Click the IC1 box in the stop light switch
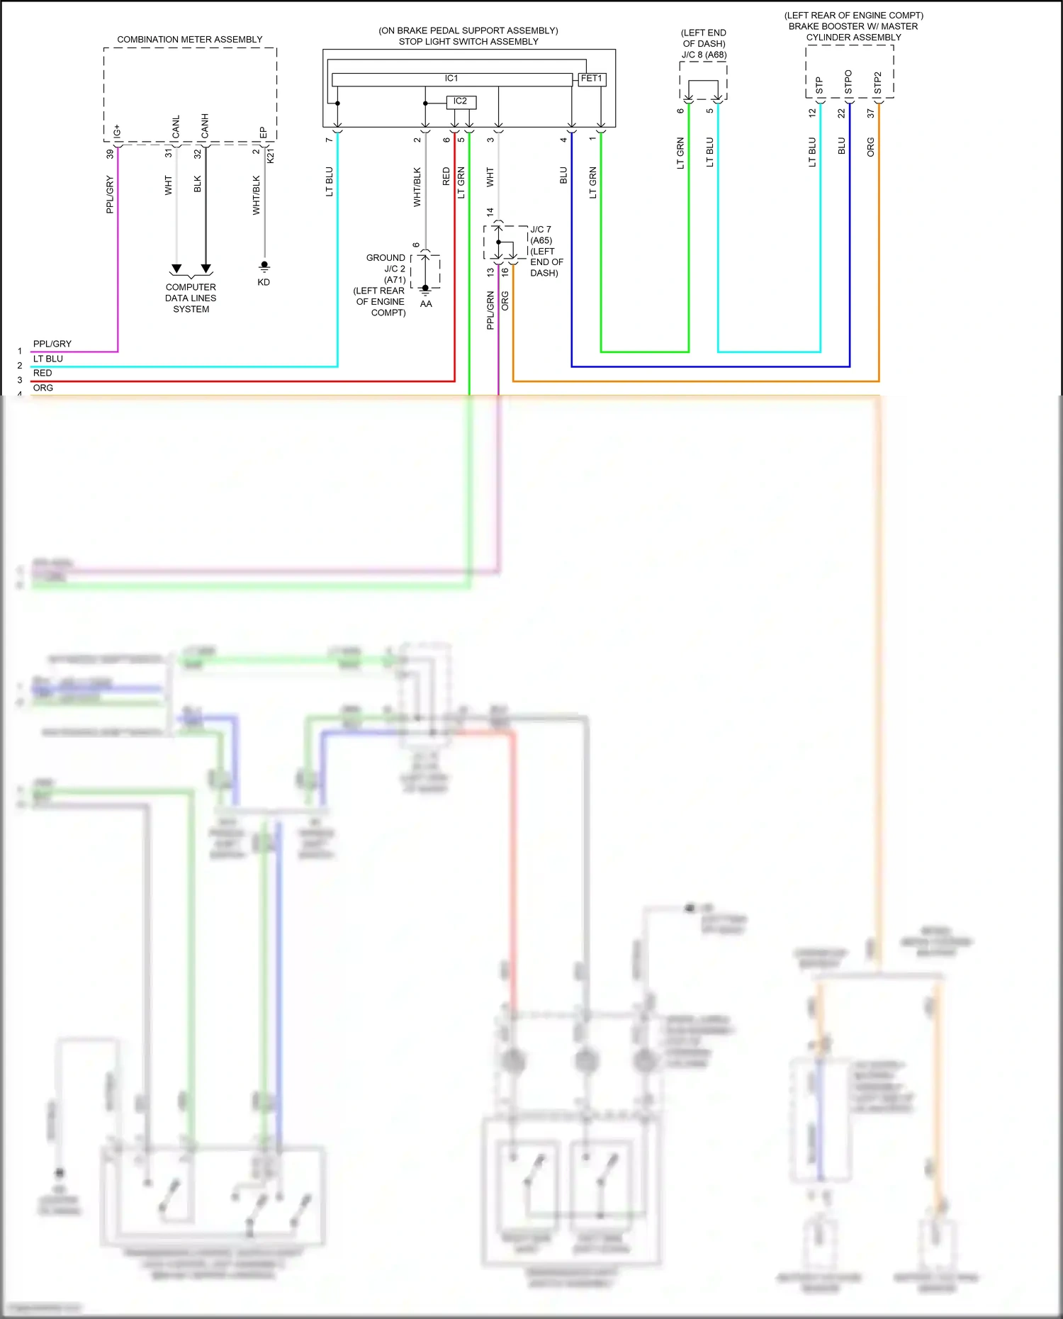[451, 79]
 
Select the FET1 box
[591, 79]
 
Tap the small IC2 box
[461, 102]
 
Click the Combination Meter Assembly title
[189, 40]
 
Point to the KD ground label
[264, 283]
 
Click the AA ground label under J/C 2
[426, 304]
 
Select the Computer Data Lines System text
[191, 298]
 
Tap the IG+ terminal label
[118, 131]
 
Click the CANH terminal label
[205, 125]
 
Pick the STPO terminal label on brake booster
[848, 82]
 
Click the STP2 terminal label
[877, 83]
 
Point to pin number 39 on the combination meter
[110, 154]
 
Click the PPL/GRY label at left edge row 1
[52, 344]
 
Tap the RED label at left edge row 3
[43, 373]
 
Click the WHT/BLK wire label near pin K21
[257, 196]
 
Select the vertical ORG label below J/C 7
[505, 301]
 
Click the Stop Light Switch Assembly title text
[468, 42]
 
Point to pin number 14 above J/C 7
[490, 212]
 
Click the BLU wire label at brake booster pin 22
[842, 146]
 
